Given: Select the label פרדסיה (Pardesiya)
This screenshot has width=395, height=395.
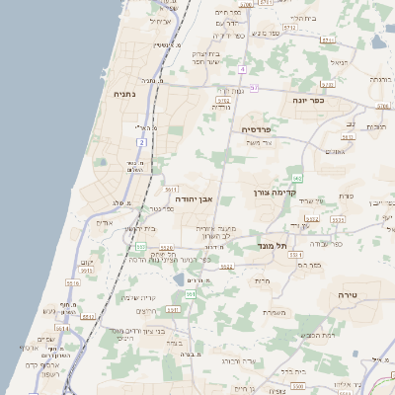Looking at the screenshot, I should pos(262,129).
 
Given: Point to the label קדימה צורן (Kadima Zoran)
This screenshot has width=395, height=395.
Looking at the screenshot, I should pos(276,192).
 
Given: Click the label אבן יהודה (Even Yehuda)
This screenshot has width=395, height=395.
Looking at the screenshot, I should pos(195,198).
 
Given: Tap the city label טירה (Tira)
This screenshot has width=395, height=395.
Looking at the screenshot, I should pos(347,295).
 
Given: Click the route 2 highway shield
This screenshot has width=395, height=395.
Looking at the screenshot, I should pos(142,143).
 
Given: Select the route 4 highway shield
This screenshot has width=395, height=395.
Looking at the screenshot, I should pos(242,69).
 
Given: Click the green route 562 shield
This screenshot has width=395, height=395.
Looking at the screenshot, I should pos(297,175).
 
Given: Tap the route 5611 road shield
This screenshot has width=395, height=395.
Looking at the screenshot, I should pos(169,187).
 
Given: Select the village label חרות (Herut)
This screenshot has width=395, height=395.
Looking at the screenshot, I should pos(263,281).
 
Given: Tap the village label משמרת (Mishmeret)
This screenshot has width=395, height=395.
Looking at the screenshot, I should pos(274,311).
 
